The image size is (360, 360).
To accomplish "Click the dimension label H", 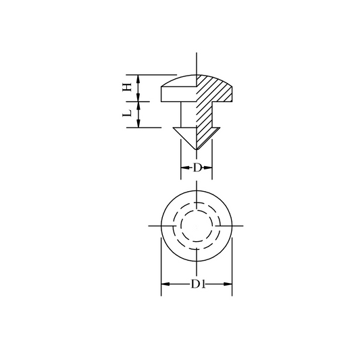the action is (x=127, y=87).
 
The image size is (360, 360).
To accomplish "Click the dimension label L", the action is (x=127, y=113).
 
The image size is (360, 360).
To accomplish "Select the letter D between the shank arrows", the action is (x=197, y=168).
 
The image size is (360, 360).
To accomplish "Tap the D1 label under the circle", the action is (x=198, y=284).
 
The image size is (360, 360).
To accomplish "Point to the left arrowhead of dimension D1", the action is (x=165, y=284).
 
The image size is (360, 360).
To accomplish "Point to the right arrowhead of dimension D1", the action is (x=228, y=284).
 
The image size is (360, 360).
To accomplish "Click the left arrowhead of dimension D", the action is (x=185, y=168).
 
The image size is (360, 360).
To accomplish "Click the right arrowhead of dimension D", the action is (x=208, y=168).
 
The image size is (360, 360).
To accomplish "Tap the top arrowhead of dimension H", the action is (x=138, y=79).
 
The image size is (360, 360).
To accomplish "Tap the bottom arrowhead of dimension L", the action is (x=138, y=124).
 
